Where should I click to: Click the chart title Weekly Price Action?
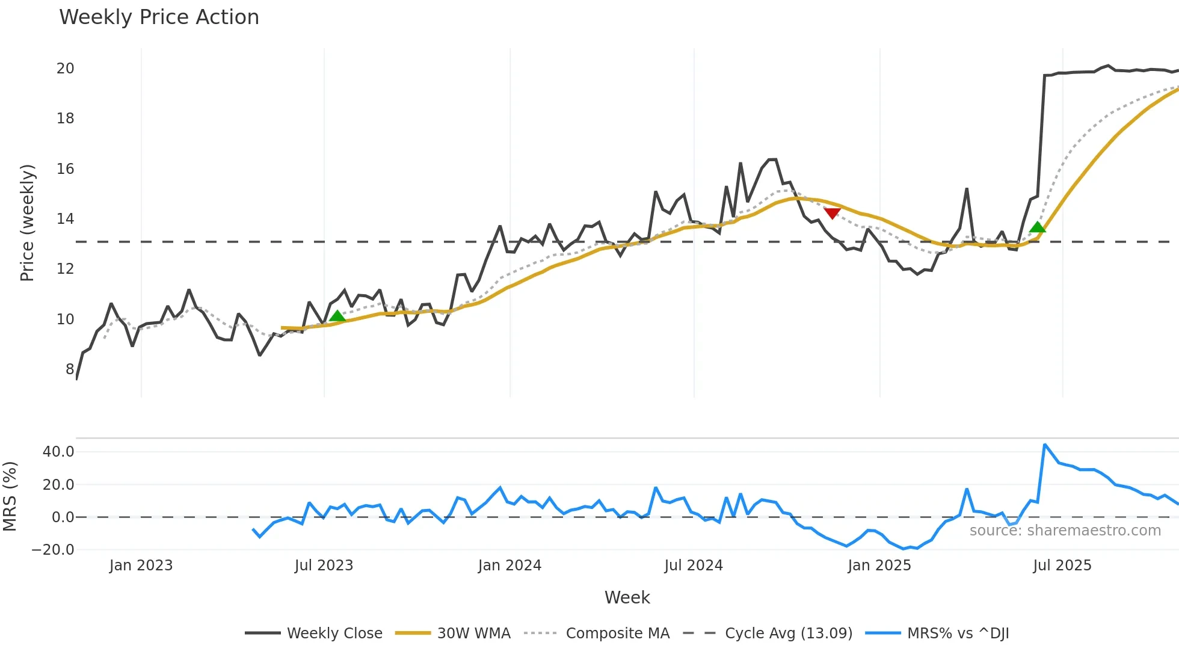coord(159,17)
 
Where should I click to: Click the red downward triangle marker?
coord(832,213)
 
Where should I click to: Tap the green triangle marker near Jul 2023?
coord(337,316)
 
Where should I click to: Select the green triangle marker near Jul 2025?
coord(1038,227)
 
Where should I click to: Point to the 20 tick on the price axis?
coord(66,69)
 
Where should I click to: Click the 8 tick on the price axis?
coord(70,369)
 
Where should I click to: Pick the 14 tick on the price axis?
coord(66,219)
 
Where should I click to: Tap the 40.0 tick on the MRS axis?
coord(58,452)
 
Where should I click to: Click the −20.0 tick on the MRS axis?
coord(54,549)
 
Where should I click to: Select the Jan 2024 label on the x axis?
coord(509,566)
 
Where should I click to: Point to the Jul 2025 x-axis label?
coord(1062,566)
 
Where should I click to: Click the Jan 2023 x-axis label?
coord(141,566)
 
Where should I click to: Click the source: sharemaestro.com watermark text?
coord(1065,531)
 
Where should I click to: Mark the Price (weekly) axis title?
coord(28,223)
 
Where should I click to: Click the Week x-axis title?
coord(627,597)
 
